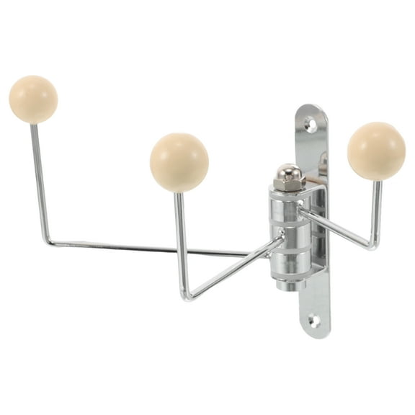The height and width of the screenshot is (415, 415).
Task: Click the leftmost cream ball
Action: point(33,99)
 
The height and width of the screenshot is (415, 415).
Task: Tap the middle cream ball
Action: point(179,162)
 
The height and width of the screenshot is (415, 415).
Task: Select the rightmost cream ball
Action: point(375,151)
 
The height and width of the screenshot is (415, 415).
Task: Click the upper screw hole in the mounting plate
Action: point(311,124)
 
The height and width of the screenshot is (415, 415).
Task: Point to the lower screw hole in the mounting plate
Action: point(314,321)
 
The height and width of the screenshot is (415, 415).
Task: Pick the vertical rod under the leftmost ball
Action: point(38,180)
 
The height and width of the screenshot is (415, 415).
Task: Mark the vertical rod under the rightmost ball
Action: point(376,209)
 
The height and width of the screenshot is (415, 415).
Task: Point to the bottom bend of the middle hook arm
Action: point(188,295)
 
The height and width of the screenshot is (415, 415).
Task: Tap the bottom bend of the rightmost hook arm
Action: point(372,246)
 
